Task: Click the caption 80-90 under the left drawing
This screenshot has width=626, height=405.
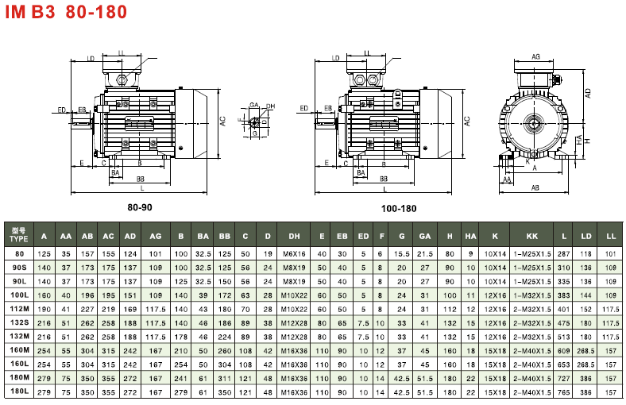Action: click(140, 207)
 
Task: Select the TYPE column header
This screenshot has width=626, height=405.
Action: click(18, 236)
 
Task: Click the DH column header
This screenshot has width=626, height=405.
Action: click(294, 236)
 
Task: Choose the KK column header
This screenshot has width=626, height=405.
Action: click(531, 236)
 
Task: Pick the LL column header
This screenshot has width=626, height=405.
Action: click(611, 236)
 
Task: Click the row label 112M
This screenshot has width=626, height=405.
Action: click(18, 308)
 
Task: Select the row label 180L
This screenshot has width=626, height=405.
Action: click(18, 391)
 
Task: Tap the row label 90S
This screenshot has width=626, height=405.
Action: click(18, 267)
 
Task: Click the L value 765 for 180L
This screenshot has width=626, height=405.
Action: click(564, 391)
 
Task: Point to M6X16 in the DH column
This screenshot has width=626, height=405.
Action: click(294, 253)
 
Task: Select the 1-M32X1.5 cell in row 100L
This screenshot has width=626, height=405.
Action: click(531, 295)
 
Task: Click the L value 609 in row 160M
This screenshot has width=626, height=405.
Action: click(564, 350)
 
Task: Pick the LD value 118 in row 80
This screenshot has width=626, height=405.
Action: click(586, 253)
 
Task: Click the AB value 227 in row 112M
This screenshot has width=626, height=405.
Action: click(87, 308)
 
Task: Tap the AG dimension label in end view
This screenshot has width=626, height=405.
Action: click(535, 57)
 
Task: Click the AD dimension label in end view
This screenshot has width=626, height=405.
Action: click(588, 92)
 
